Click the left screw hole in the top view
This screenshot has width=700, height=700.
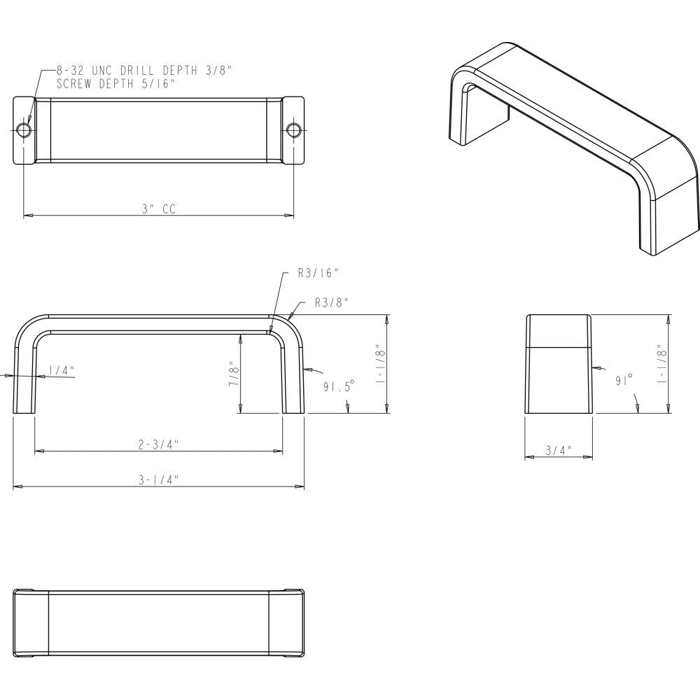pyautogui.click(x=24, y=130)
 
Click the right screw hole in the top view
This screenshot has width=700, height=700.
pyautogui.click(x=293, y=130)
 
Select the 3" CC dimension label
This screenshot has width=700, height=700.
pyautogui.click(x=158, y=209)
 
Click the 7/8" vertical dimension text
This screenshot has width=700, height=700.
pyautogui.click(x=234, y=374)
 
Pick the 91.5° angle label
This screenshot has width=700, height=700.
pyautogui.click(x=339, y=386)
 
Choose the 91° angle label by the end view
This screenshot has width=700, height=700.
pyautogui.click(x=624, y=380)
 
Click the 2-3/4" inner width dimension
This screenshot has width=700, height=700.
pyautogui.click(x=159, y=444)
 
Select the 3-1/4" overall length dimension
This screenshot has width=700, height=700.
pyautogui.click(x=159, y=479)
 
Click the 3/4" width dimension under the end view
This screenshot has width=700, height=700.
pyautogui.click(x=559, y=450)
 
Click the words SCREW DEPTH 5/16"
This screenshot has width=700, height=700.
pyautogui.click(x=115, y=83)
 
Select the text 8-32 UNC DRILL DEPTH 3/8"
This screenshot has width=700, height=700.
pyautogui.click(x=143, y=71)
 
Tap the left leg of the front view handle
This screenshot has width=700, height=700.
pyautogui.click(x=24, y=378)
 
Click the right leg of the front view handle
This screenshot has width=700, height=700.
pyautogui.click(x=294, y=378)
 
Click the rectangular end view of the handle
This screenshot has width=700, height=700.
pyautogui.click(x=559, y=364)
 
